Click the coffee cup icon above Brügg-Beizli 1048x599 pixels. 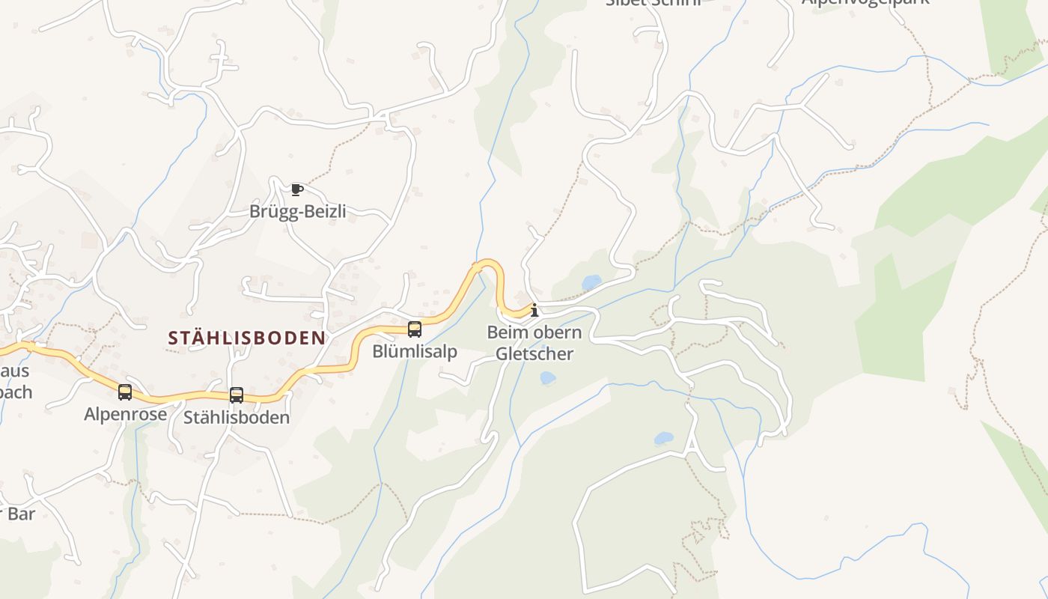[x=297, y=189]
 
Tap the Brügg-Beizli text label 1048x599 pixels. [x=297, y=212]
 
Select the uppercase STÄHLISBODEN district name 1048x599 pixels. [x=247, y=338]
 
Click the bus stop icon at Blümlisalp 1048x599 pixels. [x=414, y=329]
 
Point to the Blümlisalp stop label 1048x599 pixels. [x=415, y=352]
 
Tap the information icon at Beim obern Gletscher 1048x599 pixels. [x=534, y=310]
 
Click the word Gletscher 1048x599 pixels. [x=534, y=354]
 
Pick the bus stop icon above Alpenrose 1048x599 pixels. [x=125, y=392]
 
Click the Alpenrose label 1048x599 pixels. [x=125, y=414]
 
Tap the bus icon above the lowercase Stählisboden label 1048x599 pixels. [x=237, y=395]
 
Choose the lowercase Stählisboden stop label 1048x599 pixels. [x=237, y=417]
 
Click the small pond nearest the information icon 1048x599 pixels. [x=591, y=282]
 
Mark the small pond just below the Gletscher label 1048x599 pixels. [x=548, y=378]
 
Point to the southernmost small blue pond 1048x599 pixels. [x=663, y=439]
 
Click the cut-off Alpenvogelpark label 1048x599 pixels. [x=865, y=2]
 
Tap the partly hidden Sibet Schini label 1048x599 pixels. [x=653, y=2]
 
